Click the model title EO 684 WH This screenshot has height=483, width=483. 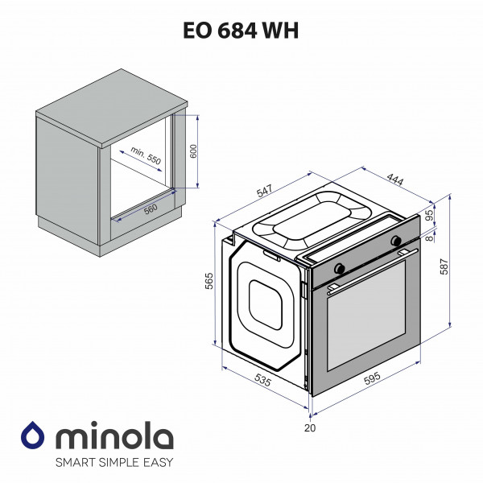(242, 31)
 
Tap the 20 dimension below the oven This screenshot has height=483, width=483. (310, 428)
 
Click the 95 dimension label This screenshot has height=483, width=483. (428, 215)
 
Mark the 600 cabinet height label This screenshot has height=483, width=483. (193, 152)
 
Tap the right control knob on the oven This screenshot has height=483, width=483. (395, 241)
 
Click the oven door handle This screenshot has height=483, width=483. (374, 267)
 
